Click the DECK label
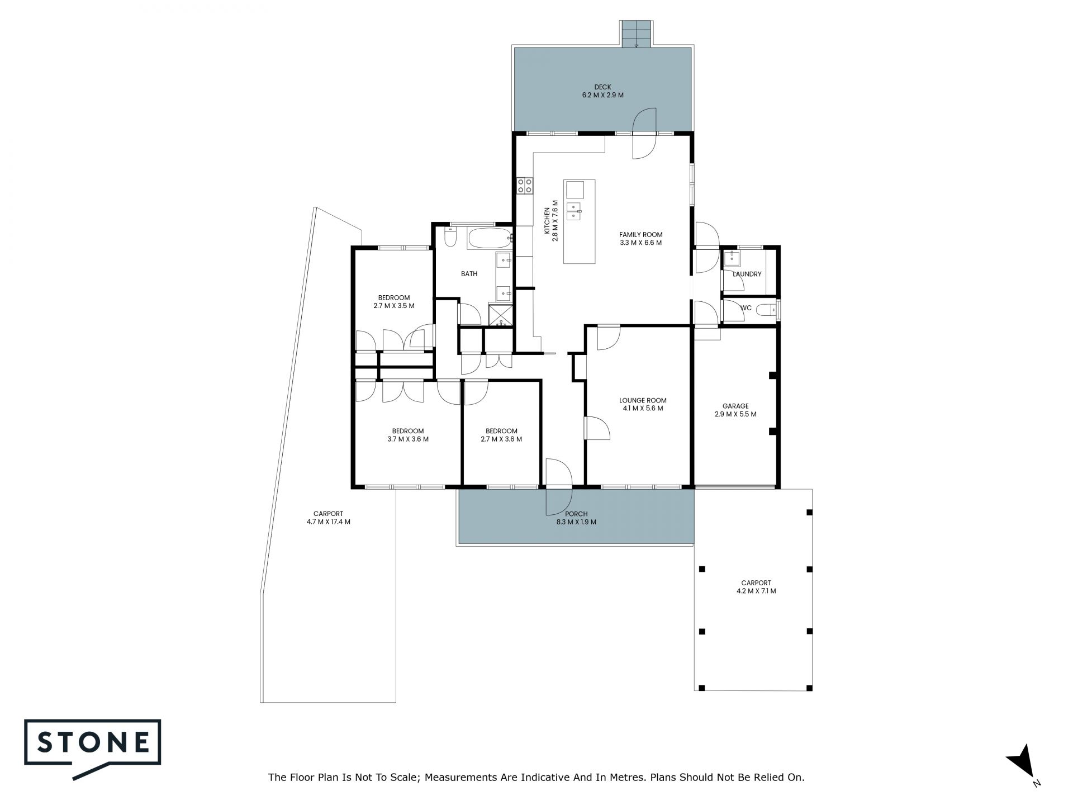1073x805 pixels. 602,87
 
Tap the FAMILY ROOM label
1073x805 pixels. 640,235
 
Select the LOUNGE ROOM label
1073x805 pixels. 643,400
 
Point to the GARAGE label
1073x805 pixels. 735,406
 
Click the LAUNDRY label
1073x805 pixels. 747,274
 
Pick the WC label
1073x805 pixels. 746,308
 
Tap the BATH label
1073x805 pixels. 469,274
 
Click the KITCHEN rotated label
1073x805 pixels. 548,221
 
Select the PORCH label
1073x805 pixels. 576,514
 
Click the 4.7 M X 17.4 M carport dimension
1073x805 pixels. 328,522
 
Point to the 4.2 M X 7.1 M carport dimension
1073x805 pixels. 756,591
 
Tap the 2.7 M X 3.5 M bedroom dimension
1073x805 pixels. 394,306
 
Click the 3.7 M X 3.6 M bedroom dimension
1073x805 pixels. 408,439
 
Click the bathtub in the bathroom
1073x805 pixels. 490,239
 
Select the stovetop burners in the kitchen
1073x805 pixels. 524,186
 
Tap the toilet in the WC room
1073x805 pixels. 767,309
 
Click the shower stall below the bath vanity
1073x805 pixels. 501,314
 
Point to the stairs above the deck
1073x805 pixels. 636,34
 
